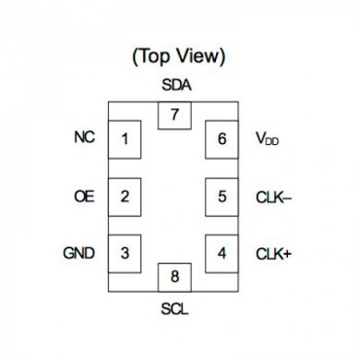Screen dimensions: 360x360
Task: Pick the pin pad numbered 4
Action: coord(222,252)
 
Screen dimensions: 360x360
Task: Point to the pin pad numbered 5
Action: coord(222,196)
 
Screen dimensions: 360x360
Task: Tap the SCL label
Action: coord(174,309)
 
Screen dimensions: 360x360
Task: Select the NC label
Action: coord(83,139)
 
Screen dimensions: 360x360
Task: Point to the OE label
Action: coord(83,196)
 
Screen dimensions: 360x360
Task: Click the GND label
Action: coord(78,252)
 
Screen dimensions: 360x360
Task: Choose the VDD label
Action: coord(269,140)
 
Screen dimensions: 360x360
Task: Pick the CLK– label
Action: coord(273,196)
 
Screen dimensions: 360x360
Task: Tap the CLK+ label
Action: coord(273,252)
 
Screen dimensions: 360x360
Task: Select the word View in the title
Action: coord(201,56)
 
